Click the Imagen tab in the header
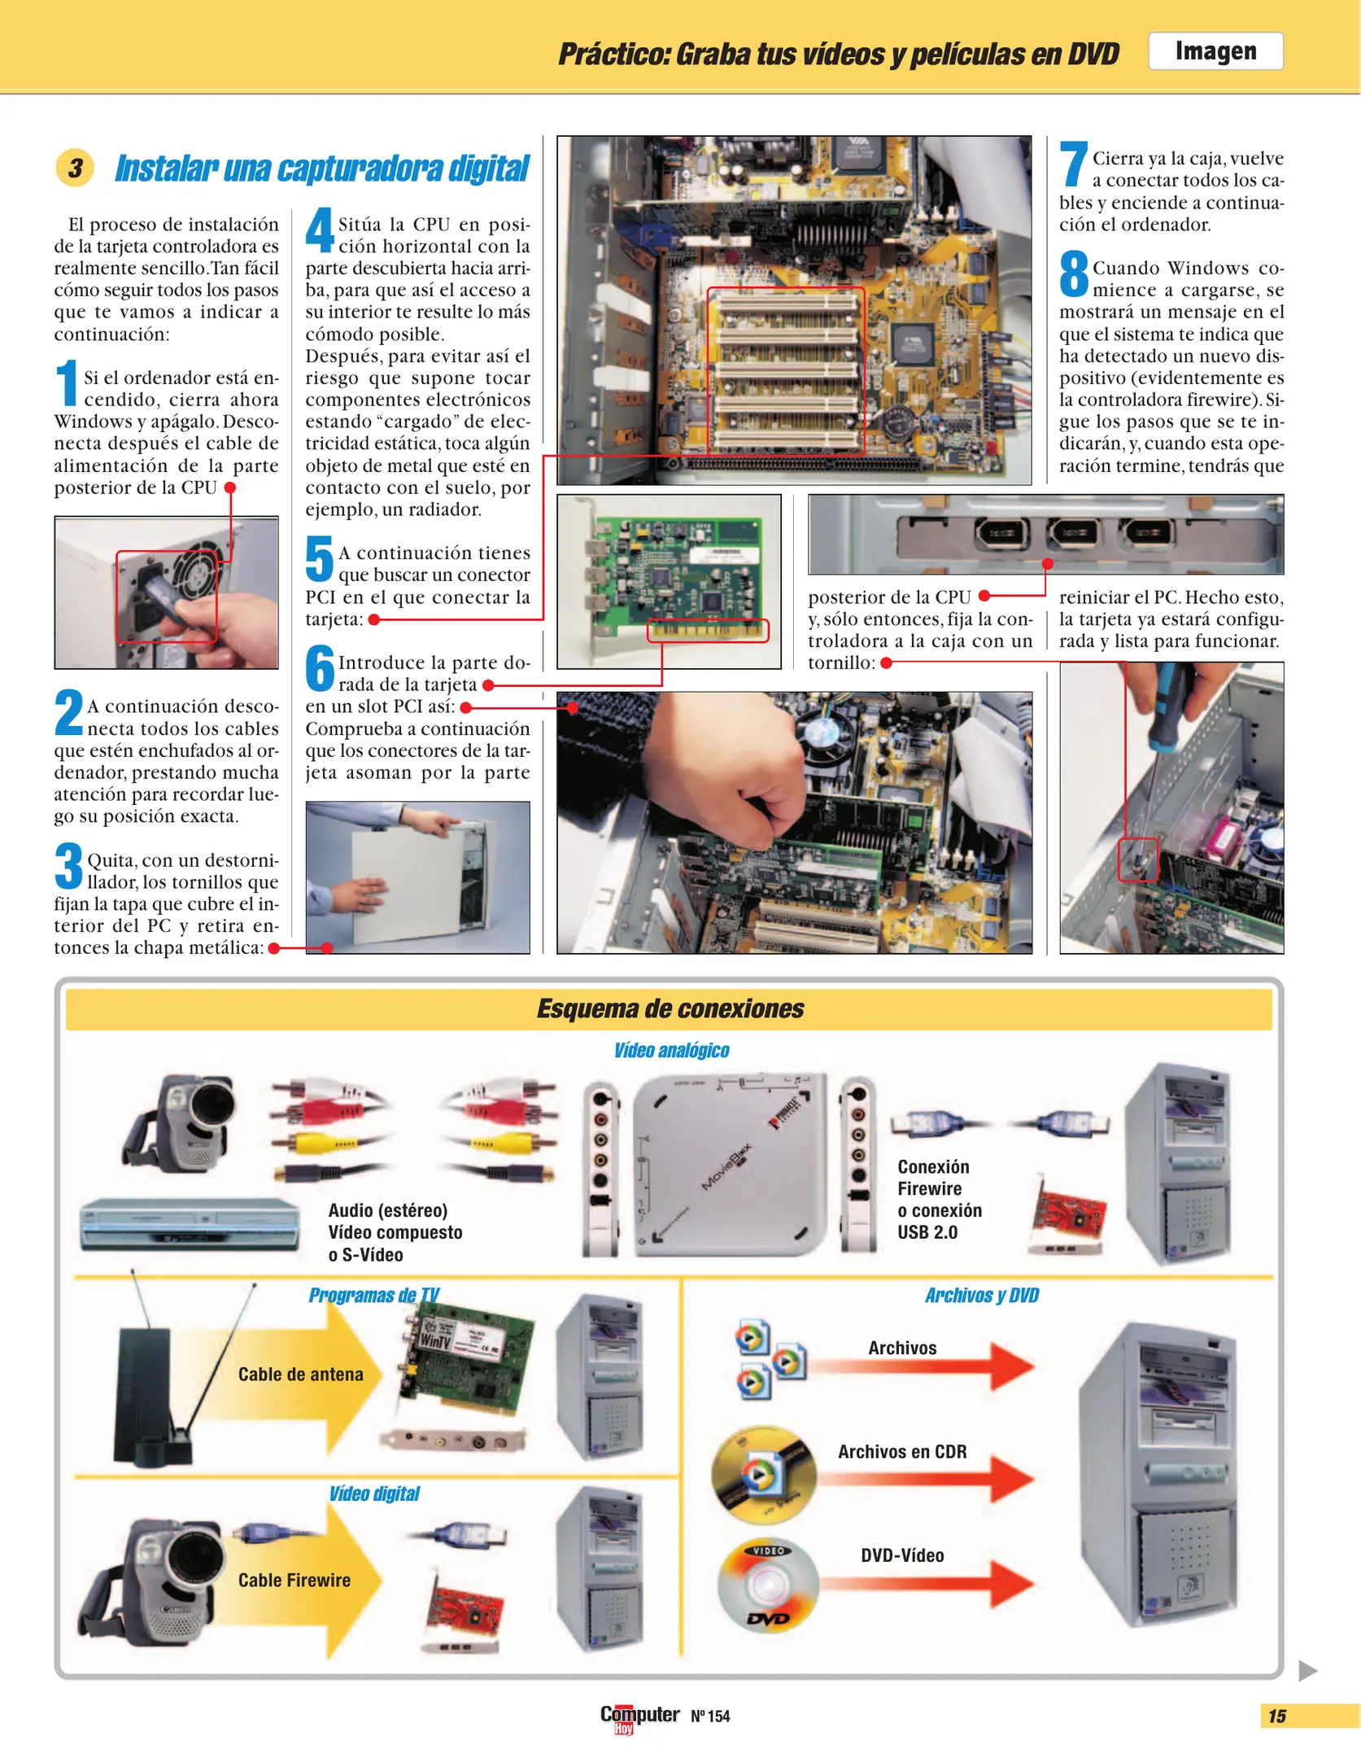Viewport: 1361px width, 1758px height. [x=1215, y=51]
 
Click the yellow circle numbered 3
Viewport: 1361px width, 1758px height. [x=75, y=168]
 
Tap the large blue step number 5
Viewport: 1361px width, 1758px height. [x=319, y=559]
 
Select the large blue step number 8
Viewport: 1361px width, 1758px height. [x=1073, y=275]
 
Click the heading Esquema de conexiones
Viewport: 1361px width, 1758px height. [x=670, y=1008]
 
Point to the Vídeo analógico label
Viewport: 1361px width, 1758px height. [x=671, y=1051]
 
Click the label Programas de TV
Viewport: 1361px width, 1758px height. [x=373, y=1295]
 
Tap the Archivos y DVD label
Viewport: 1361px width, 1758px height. [x=981, y=1295]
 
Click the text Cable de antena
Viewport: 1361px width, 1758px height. [x=300, y=1374]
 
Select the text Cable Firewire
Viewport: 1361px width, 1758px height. [x=294, y=1580]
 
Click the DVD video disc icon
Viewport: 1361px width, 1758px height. [x=767, y=1585]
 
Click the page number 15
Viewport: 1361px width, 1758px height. [x=1276, y=1716]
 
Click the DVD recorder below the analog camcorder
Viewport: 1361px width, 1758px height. [x=190, y=1223]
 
